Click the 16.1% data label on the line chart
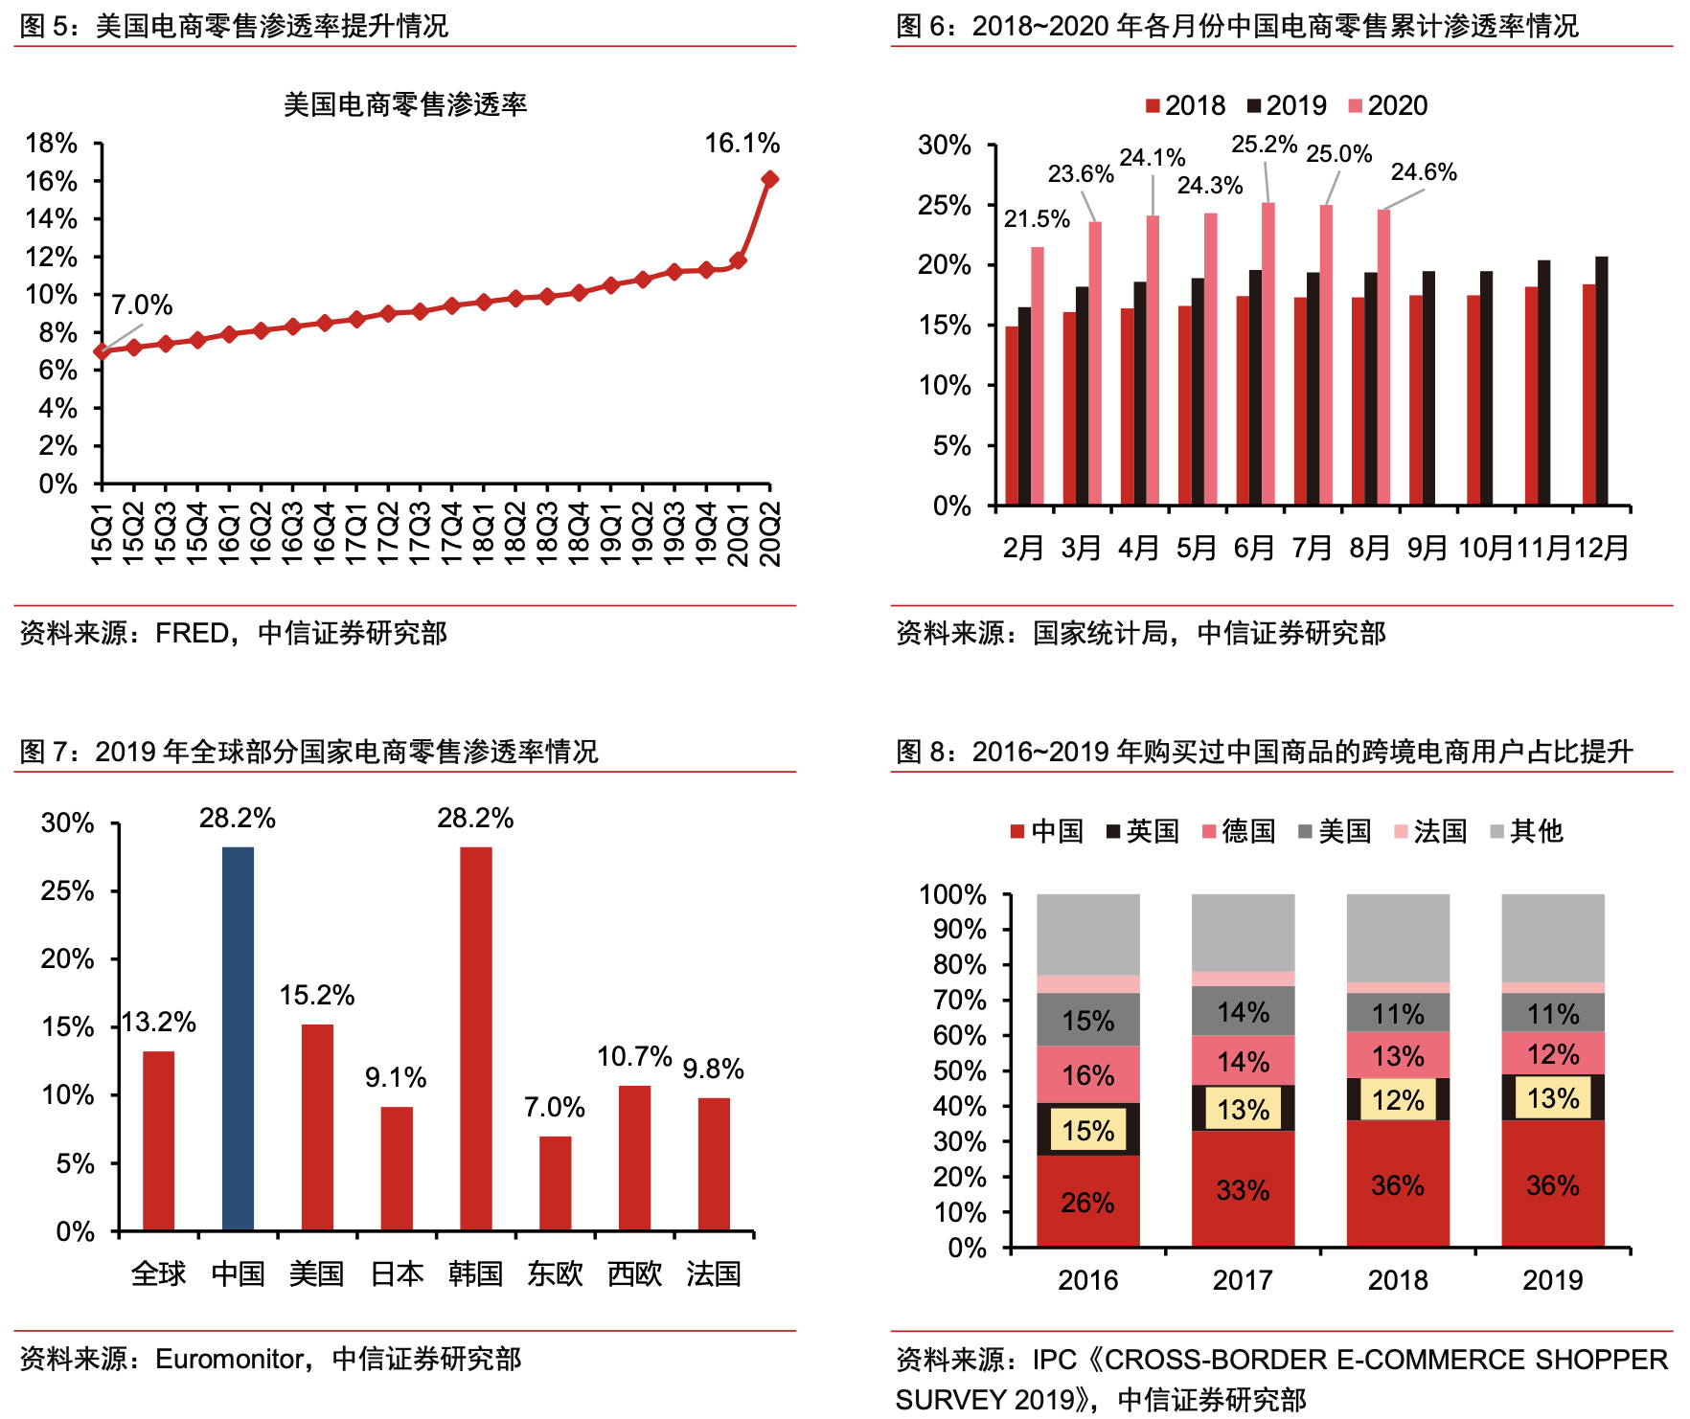point(742,144)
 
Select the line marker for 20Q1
point(738,260)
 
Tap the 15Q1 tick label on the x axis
point(102,533)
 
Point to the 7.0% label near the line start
point(142,305)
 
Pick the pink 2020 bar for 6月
point(1268,352)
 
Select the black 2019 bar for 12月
point(1602,380)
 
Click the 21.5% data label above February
point(1037,219)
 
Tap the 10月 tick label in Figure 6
point(1486,548)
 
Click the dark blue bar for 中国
point(238,1038)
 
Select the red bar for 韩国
point(476,1038)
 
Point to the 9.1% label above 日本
point(396,1078)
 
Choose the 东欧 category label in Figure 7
point(555,1273)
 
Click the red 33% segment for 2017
point(1243,1189)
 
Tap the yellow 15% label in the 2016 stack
point(1088,1130)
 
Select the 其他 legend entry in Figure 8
point(1527,831)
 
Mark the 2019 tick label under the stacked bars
point(1552,1280)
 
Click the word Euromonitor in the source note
point(230,1359)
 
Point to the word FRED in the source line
point(193,633)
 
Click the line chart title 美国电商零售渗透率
point(405,104)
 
